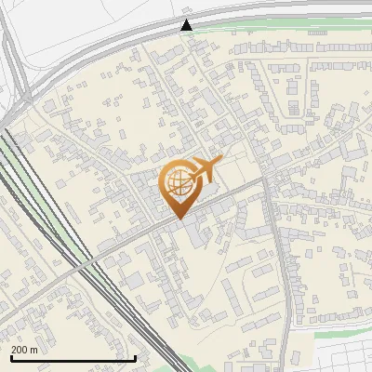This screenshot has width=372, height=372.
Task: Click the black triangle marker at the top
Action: click(187, 25)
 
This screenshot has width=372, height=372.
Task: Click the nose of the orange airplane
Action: click(218, 161)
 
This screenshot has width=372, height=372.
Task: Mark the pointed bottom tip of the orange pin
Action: click(177, 219)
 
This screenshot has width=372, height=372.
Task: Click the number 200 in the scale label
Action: click(20, 351)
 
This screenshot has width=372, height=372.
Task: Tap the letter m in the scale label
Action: click(34, 351)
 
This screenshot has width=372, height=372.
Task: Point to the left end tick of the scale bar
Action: click(10, 357)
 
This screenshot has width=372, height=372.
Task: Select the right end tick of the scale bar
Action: click(137, 357)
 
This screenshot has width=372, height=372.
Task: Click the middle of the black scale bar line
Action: click(73, 358)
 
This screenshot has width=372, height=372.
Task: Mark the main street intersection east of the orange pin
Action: click(267, 178)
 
